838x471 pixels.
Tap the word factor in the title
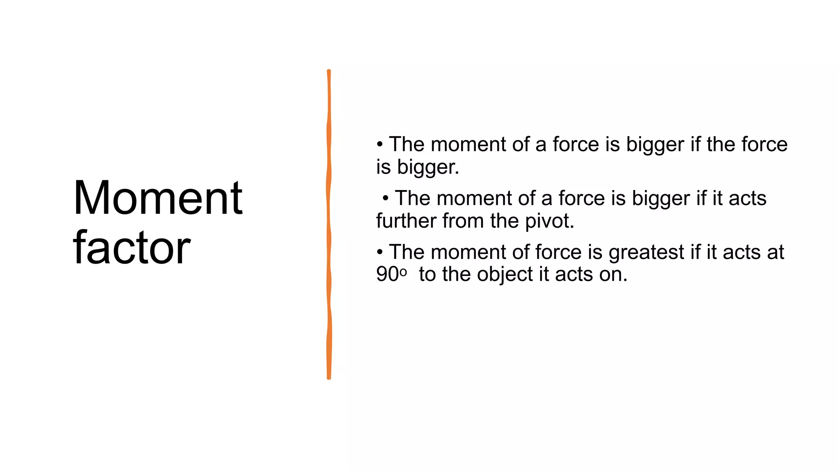click(131, 247)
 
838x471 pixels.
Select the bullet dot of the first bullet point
click(380, 144)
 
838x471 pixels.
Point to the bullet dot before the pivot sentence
click(385, 199)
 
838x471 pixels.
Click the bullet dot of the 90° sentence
click(380, 252)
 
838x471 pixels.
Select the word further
click(406, 221)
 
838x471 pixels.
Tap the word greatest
click(646, 252)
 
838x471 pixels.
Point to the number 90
click(387, 274)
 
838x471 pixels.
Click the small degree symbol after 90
click(403, 272)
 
